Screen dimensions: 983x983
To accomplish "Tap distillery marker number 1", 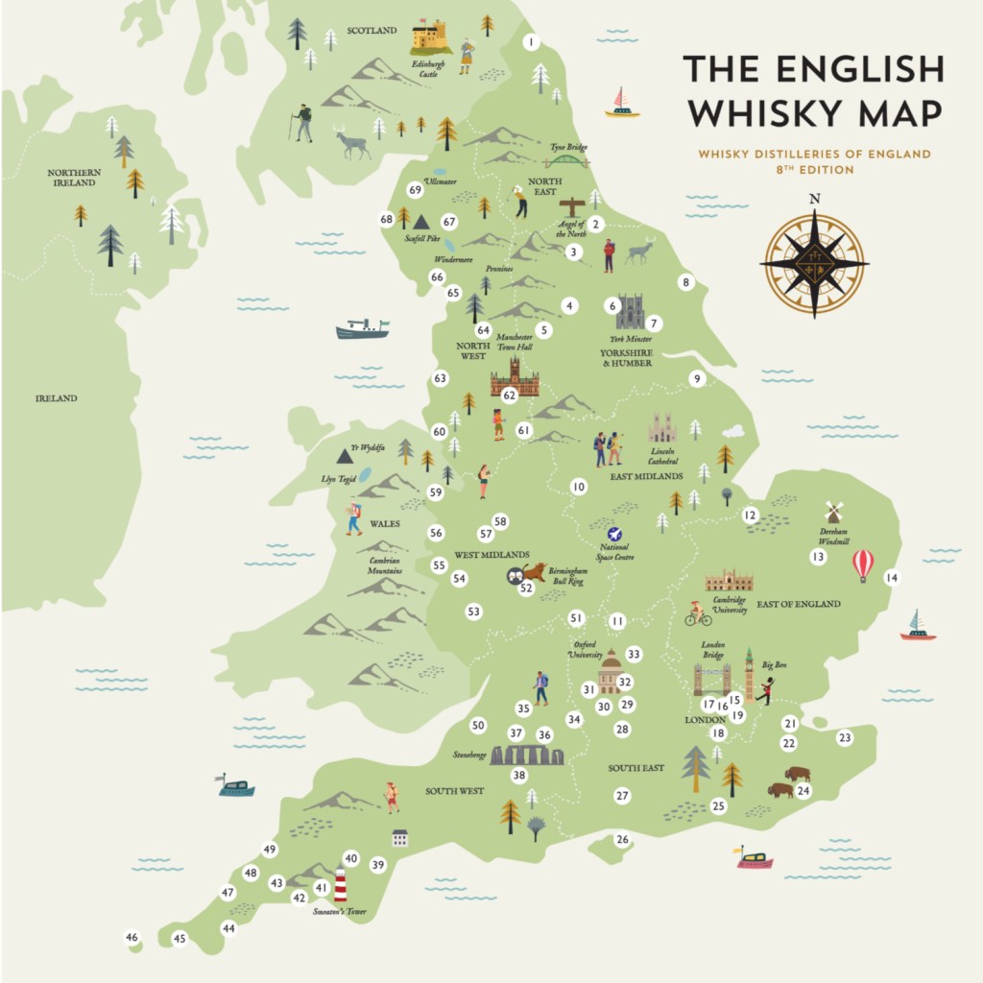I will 531,42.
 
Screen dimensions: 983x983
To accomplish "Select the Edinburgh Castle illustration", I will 429,37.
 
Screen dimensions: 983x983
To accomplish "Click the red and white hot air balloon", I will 863,563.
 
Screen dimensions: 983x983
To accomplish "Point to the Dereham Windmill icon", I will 833,513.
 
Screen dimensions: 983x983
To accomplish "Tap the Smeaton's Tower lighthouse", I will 340,884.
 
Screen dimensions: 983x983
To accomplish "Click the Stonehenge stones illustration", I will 527,755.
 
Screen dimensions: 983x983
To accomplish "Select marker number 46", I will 132,937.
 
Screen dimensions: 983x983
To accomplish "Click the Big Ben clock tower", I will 749,673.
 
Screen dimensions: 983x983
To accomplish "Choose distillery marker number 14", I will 892,578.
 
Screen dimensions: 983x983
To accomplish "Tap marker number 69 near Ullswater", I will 415,190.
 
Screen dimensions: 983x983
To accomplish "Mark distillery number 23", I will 845,738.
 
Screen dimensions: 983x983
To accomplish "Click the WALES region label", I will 385,524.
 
